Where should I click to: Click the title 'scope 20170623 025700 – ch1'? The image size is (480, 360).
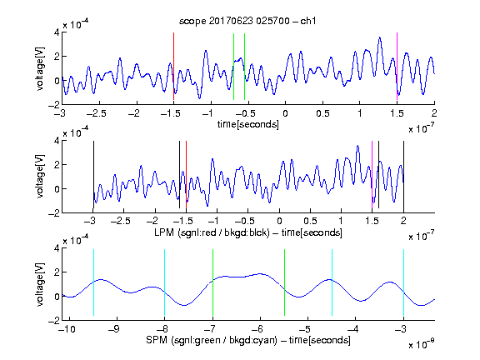[x=247, y=21]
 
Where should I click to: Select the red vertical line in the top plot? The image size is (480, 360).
[x=173, y=66]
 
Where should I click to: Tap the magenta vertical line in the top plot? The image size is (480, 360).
[x=397, y=66]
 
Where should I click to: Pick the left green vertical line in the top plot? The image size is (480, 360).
[x=233, y=67]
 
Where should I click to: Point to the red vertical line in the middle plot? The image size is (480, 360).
[x=186, y=174]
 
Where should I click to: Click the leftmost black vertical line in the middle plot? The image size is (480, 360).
[x=93, y=174]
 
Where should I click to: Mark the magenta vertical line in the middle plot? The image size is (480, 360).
[x=372, y=174]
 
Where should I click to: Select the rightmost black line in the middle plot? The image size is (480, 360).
[x=403, y=174]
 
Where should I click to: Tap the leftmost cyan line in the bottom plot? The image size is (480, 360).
[x=93, y=282]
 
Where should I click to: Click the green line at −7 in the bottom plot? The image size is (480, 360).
[x=212, y=282]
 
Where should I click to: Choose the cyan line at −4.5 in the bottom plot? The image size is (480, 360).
[x=332, y=282]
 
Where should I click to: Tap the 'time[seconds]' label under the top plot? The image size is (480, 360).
[x=248, y=124]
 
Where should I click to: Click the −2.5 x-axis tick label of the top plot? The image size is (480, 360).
[x=96, y=114]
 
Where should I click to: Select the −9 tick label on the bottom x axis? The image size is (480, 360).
[x=114, y=329]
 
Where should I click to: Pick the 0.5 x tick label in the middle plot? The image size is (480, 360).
[x=310, y=222]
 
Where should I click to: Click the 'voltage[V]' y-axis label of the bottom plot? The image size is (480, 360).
[x=40, y=284]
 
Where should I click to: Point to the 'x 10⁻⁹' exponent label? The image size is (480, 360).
[x=421, y=344]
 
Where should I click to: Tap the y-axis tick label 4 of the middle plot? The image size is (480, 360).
[x=57, y=141]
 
